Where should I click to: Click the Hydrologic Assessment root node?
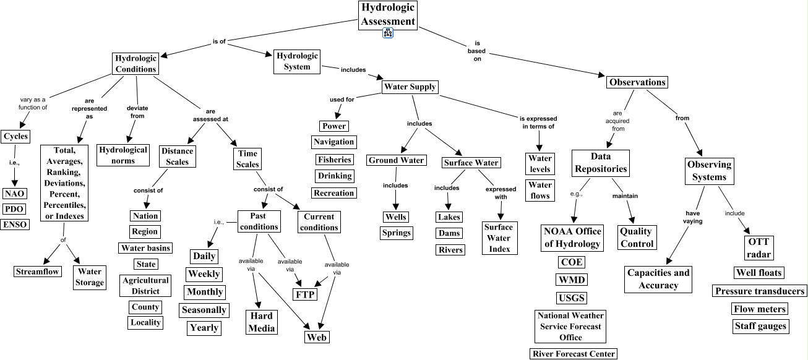[388, 15]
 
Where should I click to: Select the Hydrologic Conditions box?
[135, 63]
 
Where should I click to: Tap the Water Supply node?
[410, 87]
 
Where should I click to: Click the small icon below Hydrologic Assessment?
[388, 33]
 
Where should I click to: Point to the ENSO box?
[14, 225]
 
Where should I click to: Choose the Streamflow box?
[38, 271]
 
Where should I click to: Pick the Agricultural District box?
[145, 286]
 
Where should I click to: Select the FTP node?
[305, 293]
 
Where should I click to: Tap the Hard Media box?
[261, 322]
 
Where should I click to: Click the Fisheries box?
[334, 160]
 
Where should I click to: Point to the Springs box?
[396, 233]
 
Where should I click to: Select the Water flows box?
[540, 190]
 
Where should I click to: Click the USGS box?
[571, 298]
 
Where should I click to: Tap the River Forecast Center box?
[574, 354]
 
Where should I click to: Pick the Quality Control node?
[637, 238]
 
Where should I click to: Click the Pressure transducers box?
[760, 291]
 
